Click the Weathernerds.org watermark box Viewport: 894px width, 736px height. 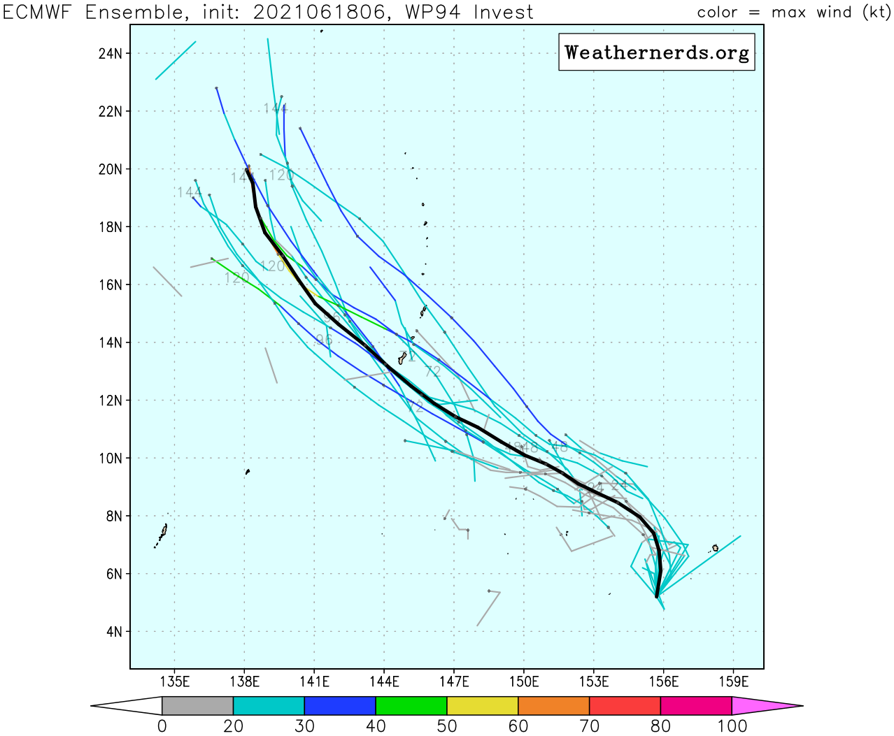point(656,52)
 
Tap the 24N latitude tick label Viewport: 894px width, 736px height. point(111,54)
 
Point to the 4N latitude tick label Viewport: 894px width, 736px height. point(114,632)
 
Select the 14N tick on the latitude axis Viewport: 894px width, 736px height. point(111,342)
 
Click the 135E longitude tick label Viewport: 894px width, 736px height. point(174,681)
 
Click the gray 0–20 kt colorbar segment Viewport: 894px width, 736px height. point(197,706)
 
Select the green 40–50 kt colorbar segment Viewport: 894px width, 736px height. point(411,706)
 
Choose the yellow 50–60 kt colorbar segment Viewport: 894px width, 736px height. point(483,706)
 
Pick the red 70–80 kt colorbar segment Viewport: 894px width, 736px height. point(625,706)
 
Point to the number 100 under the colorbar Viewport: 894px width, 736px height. point(732,726)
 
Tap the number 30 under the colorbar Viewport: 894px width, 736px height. point(304,726)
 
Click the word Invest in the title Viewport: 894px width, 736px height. point(502,13)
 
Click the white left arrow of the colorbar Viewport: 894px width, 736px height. point(126,706)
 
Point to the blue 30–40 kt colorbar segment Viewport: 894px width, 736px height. point(340,706)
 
